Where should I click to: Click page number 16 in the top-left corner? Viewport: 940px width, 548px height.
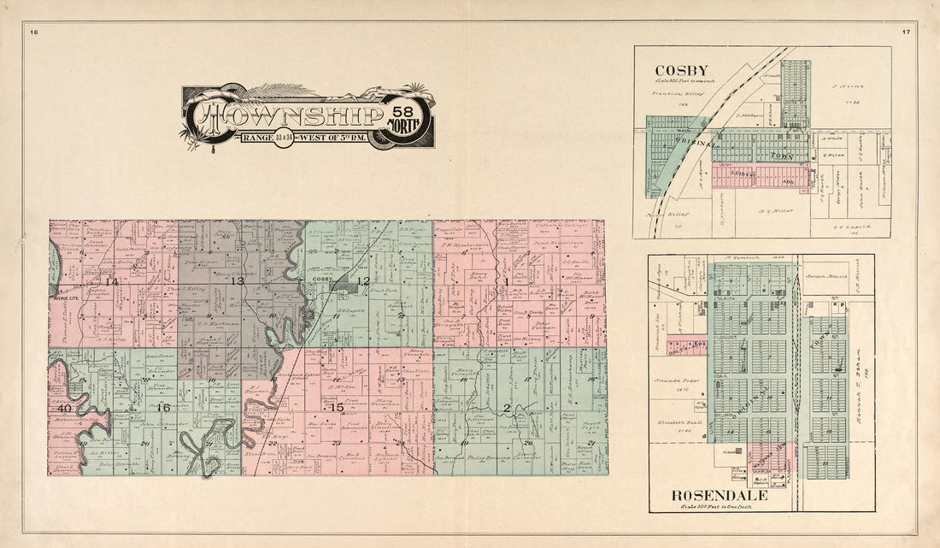pos(34,32)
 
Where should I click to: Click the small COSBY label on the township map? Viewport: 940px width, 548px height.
pos(322,280)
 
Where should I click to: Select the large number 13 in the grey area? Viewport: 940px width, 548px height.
pos(237,281)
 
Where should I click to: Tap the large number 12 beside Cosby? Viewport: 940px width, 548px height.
pos(363,281)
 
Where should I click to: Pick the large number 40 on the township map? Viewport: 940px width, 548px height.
pos(62,408)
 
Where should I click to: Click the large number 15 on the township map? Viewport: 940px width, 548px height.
pos(338,407)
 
